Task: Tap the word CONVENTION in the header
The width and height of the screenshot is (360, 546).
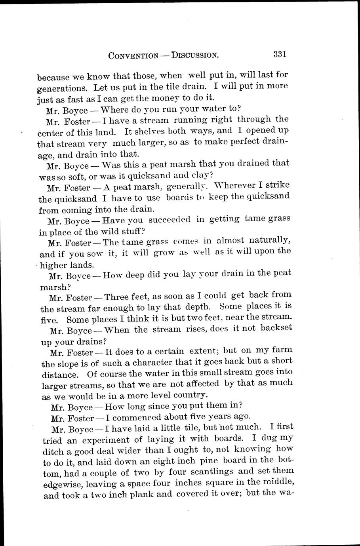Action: (x=133, y=56)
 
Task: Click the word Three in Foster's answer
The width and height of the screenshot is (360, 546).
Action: (x=119, y=296)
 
